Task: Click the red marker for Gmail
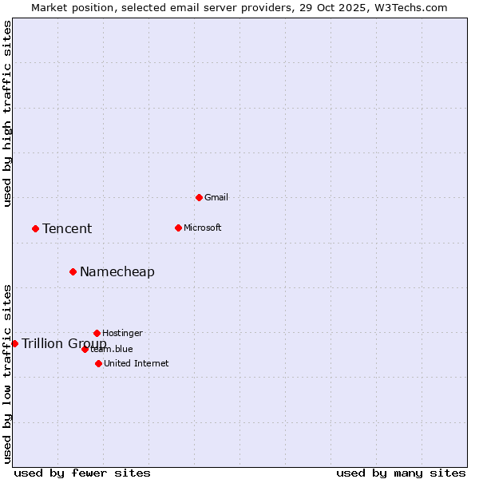tap(199, 197)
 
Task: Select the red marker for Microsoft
tap(178, 228)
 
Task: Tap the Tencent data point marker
tap(35, 228)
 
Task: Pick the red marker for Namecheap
tap(73, 271)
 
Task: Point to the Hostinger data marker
tap(97, 333)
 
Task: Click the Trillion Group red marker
tap(14, 343)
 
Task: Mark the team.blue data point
tap(85, 349)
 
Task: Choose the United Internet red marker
tap(98, 363)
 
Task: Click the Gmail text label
tap(216, 197)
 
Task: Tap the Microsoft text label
tap(203, 228)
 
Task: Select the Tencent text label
tap(67, 229)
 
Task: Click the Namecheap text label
tap(117, 272)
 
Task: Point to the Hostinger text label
tap(122, 333)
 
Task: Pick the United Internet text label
tap(137, 363)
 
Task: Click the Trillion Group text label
tap(64, 344)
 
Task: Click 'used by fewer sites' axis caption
tap(82, 473)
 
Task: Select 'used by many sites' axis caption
tap(401, 473)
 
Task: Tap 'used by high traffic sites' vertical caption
tap(7, 113)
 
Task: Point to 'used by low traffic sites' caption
tap(7, 373)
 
